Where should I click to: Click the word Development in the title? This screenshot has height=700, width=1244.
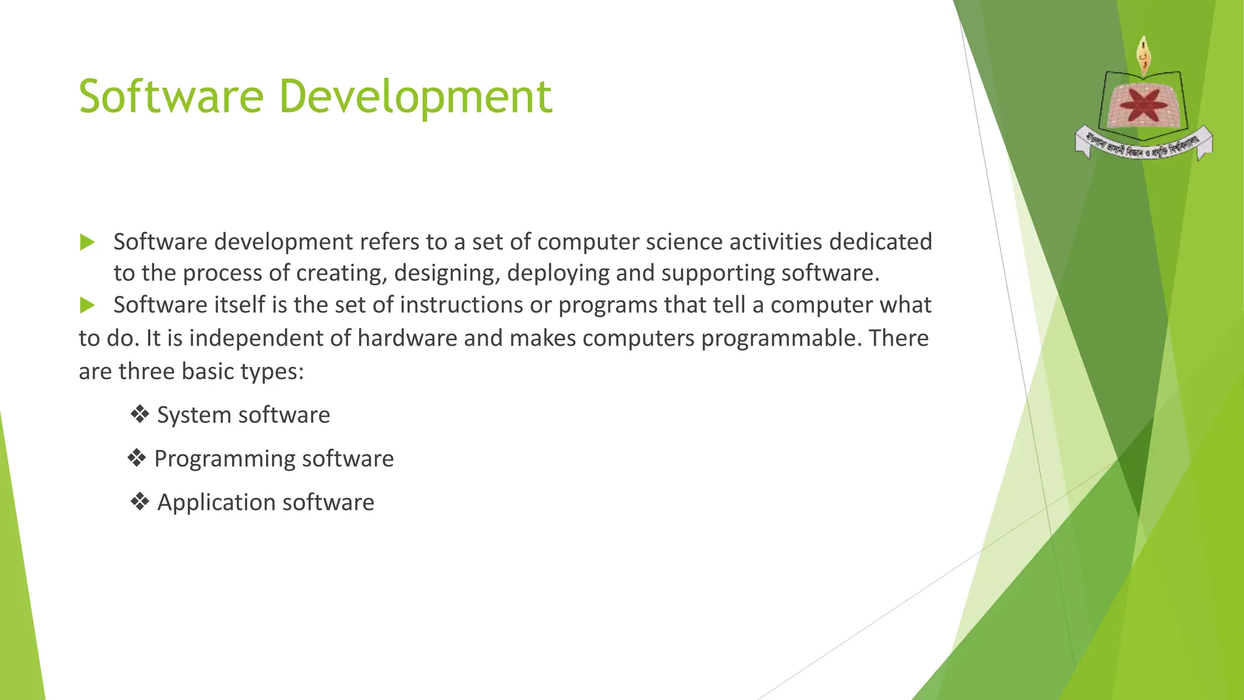(x=415, y=97)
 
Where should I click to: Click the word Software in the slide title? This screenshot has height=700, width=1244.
(x=171, y=97)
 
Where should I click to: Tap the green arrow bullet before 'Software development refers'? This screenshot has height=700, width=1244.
(x=87, y=242)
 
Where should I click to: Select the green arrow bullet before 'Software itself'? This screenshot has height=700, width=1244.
(x=87, y=305)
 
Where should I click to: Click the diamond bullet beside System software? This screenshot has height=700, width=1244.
(x=140, y=415)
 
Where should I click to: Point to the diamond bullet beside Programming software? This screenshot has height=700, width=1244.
(x=137, y=458)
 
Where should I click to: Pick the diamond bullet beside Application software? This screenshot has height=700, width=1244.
(x=140, y=502)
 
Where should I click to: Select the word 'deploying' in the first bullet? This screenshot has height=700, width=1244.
(x=558, y=273)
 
